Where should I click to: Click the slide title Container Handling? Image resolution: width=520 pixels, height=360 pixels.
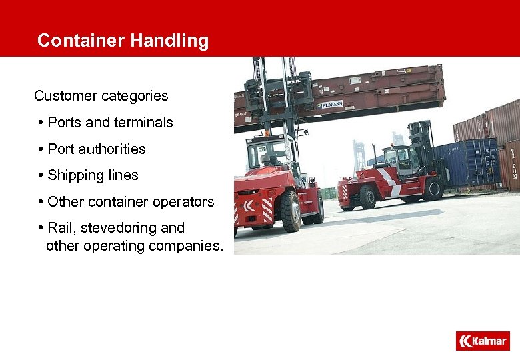tap(123, 41)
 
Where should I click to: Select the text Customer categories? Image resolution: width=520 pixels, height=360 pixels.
tap(101, 96)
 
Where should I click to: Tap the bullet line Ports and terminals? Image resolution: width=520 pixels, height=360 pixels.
tap(110, 123)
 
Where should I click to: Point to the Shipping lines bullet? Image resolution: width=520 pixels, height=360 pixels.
tap(93, 175)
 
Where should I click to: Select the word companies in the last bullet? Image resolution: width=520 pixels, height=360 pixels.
tap(189, 246)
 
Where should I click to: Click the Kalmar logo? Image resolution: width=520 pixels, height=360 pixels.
tap(483, 341)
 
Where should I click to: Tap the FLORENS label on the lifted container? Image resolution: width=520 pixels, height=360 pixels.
tap(332, 105)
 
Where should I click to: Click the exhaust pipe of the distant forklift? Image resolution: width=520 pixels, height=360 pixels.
tap(374, 155)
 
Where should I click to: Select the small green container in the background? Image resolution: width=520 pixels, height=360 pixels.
tap(329, 193)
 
